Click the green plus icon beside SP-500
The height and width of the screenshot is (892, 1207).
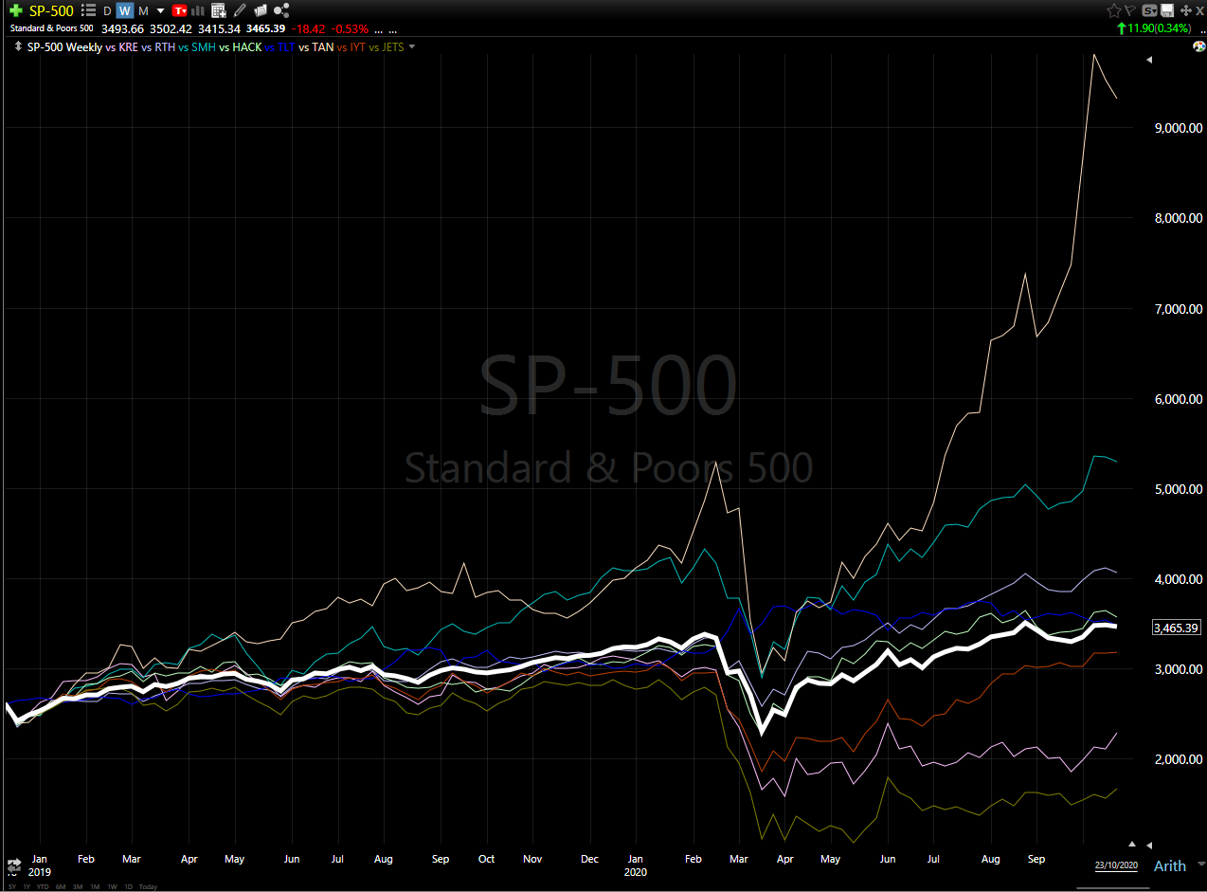tap(15, 10)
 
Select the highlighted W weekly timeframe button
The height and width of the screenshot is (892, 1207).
tap(124, 10)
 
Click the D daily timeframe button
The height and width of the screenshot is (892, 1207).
tap(107, 10)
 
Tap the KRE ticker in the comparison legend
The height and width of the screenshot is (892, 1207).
tap(128, 46)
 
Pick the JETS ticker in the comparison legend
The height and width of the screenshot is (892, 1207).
tap(392, 46)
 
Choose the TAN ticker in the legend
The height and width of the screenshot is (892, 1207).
tap(322, 46)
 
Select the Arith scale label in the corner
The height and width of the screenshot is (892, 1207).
tap(1169, 865)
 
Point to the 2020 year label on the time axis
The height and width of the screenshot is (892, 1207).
tap(636, 871)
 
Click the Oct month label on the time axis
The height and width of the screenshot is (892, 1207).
tap(486, 859)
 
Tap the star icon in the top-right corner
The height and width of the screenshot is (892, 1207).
tap(1113, 10)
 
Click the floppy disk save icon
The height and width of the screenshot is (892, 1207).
tap(1167, 10)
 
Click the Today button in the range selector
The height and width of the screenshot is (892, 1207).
tap(148, 886)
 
